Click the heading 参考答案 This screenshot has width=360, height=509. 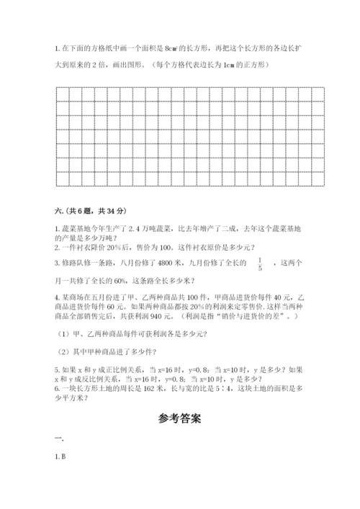click(180, 416)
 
